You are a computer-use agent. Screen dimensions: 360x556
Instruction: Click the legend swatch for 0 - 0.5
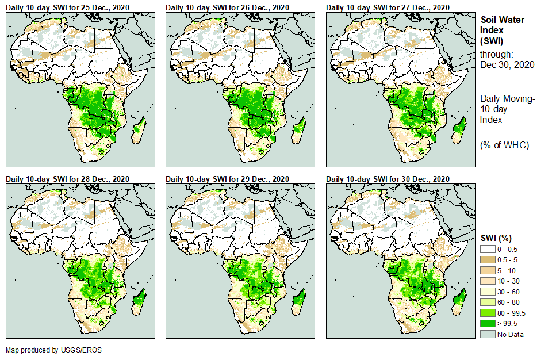(488, 249)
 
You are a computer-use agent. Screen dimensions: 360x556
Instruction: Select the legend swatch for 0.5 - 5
(488, 260)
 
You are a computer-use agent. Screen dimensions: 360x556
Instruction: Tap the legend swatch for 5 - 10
(488, 270)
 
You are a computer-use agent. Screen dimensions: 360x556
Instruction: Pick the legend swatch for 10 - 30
(488, 281)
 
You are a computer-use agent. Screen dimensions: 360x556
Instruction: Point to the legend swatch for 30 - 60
(488, 292)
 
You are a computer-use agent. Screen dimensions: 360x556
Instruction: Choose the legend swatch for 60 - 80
(488, 302)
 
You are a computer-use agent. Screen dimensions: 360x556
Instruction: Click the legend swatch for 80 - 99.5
(488, 313)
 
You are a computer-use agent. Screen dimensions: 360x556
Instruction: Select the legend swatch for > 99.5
(488, 324)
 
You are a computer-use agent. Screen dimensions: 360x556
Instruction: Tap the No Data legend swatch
(488, 334)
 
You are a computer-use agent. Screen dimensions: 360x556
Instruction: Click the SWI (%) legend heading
(496, 238)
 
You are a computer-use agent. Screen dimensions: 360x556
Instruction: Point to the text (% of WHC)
(504, 145)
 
